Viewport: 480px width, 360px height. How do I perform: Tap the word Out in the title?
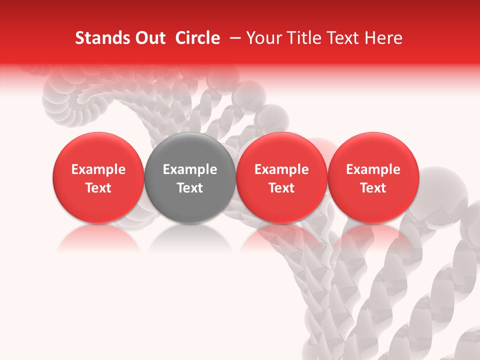coord(148,38)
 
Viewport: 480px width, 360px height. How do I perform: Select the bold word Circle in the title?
coord(197,38)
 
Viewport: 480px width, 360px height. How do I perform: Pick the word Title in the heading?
coord(301,38)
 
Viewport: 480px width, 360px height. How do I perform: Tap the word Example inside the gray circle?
coord(189,169)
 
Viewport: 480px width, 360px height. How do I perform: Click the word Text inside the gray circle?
coord(189,188)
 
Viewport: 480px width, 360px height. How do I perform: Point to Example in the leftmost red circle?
coord(98,169)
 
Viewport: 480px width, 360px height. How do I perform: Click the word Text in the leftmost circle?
coord(98,188)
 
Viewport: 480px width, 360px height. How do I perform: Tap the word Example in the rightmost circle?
coord(373,169)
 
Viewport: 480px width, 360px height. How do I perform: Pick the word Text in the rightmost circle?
coord(373,188)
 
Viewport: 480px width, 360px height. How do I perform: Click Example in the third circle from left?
coord(281,169)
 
